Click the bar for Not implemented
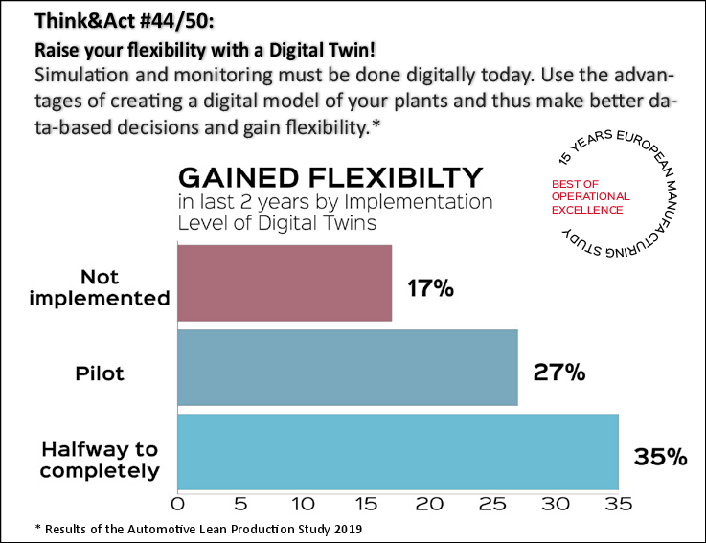click(285, 283)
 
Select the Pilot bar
click(347, 367)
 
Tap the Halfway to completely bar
click(398, 451)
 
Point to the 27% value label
click(558, 372)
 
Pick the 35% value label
click(660, 457)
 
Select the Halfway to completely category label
click(100, 459)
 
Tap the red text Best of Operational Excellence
click(590, 195)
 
